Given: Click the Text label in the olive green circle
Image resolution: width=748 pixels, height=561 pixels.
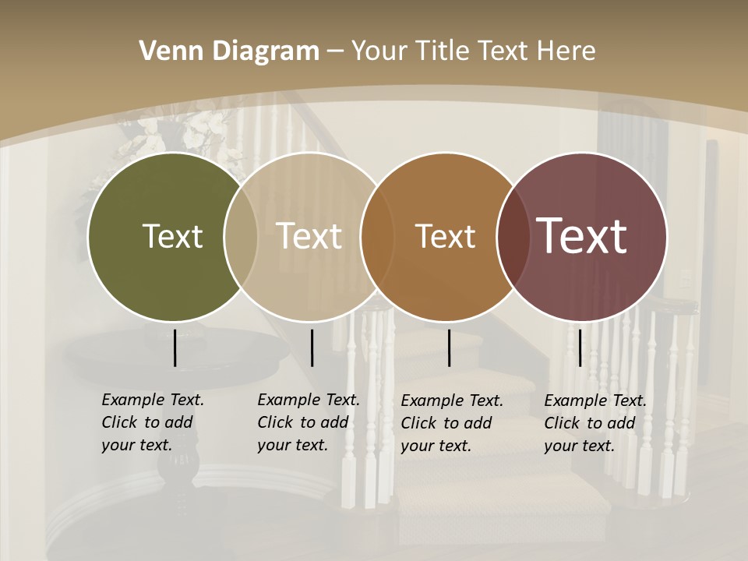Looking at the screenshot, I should pyautogui.click(x=172, y=236).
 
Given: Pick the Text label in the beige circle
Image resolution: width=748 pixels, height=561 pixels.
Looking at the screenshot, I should pyautogui.click(x=309, y=236).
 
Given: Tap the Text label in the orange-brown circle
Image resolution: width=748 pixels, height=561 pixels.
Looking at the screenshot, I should pyautogui.click(x=445, y=236).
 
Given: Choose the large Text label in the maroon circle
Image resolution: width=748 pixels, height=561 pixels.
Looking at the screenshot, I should pyautogui.click(x=582, y=236).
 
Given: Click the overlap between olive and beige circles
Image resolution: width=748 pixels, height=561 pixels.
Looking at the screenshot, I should pyautogui.click(x=241, y=236).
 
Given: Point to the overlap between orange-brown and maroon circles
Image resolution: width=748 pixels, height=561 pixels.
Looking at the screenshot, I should pyautogui.click(x=513, y=236).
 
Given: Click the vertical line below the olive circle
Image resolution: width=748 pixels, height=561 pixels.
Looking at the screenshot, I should pyautogui.click(x=175, y=348).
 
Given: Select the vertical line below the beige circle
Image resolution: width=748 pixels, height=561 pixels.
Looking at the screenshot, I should pyautogui.click(x=312, y=348).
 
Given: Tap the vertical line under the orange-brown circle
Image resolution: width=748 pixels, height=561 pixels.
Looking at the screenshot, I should pyautogui.click(x=450, y=348).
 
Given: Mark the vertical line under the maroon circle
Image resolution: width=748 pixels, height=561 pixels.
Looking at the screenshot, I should pyautogui.click(x=580, y=348).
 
